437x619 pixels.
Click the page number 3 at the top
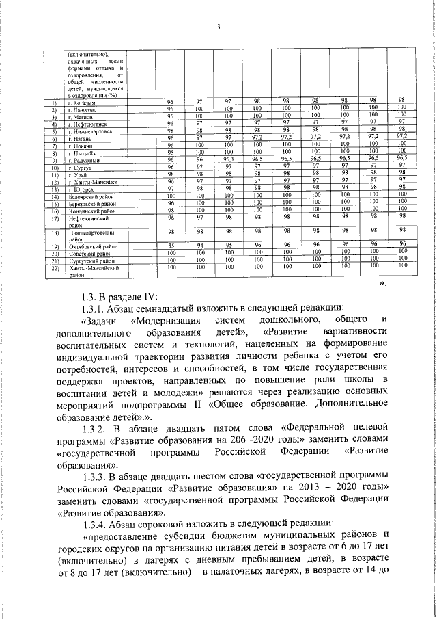click(218, 27)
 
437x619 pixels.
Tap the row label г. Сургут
click(81, 166)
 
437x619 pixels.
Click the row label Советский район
click(91, 254)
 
